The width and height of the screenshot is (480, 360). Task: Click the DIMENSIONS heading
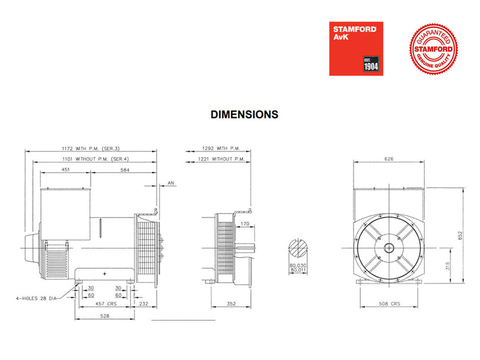244,115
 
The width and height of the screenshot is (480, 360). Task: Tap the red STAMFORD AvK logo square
356,48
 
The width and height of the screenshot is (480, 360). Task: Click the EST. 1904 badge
371,64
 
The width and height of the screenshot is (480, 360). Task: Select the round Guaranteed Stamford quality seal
434,49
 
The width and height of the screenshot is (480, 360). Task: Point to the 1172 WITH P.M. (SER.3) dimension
90,148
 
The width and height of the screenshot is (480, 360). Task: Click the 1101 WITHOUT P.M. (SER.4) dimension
95,159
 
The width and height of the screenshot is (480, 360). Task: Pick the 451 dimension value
66,170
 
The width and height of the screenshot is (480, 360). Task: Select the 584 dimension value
125,170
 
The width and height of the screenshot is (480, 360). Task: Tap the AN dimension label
171,183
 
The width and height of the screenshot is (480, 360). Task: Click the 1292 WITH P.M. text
221,148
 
